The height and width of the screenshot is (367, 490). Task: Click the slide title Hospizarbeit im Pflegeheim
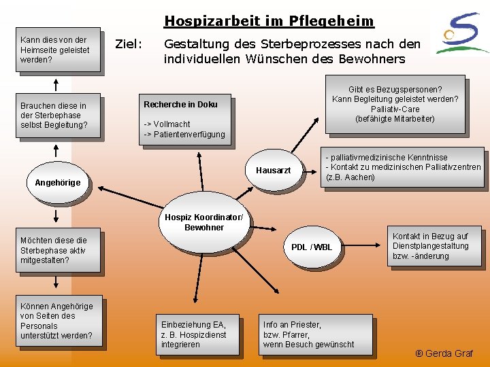[x=269, y=21]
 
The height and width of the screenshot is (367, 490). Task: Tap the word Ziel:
[x=128, y=44]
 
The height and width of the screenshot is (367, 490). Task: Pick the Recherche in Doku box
[x=184, y=119]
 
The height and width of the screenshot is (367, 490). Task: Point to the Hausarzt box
[x=273, y=171]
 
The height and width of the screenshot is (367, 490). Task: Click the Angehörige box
[x=57, y=182]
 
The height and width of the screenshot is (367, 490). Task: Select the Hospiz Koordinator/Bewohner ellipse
[x=203, y=222]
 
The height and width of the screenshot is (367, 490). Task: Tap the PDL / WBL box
[x=312, y=247]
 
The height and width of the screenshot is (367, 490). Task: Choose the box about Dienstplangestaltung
[x=432, y=246]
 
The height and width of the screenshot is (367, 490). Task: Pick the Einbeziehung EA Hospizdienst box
[x=193, y=334]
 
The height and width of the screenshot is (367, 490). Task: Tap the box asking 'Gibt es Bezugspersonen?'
[x=395, y=104]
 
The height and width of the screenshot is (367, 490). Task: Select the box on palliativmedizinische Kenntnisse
[x=403, y=167]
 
